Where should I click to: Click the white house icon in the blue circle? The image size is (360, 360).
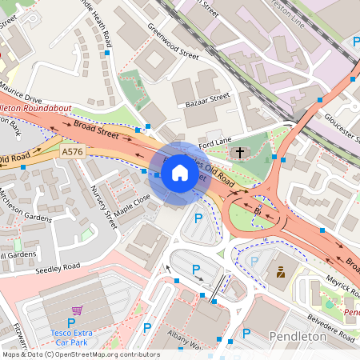[x=180, y=172]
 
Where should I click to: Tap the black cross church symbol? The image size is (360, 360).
[x=239, y=151]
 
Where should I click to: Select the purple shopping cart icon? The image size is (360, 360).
[x=77, y=310]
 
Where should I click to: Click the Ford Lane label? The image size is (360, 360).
[x=214, y=144]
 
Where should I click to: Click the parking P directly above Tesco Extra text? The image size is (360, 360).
[x=70, y=324]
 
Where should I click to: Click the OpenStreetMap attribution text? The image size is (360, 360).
[x=80, y=354]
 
